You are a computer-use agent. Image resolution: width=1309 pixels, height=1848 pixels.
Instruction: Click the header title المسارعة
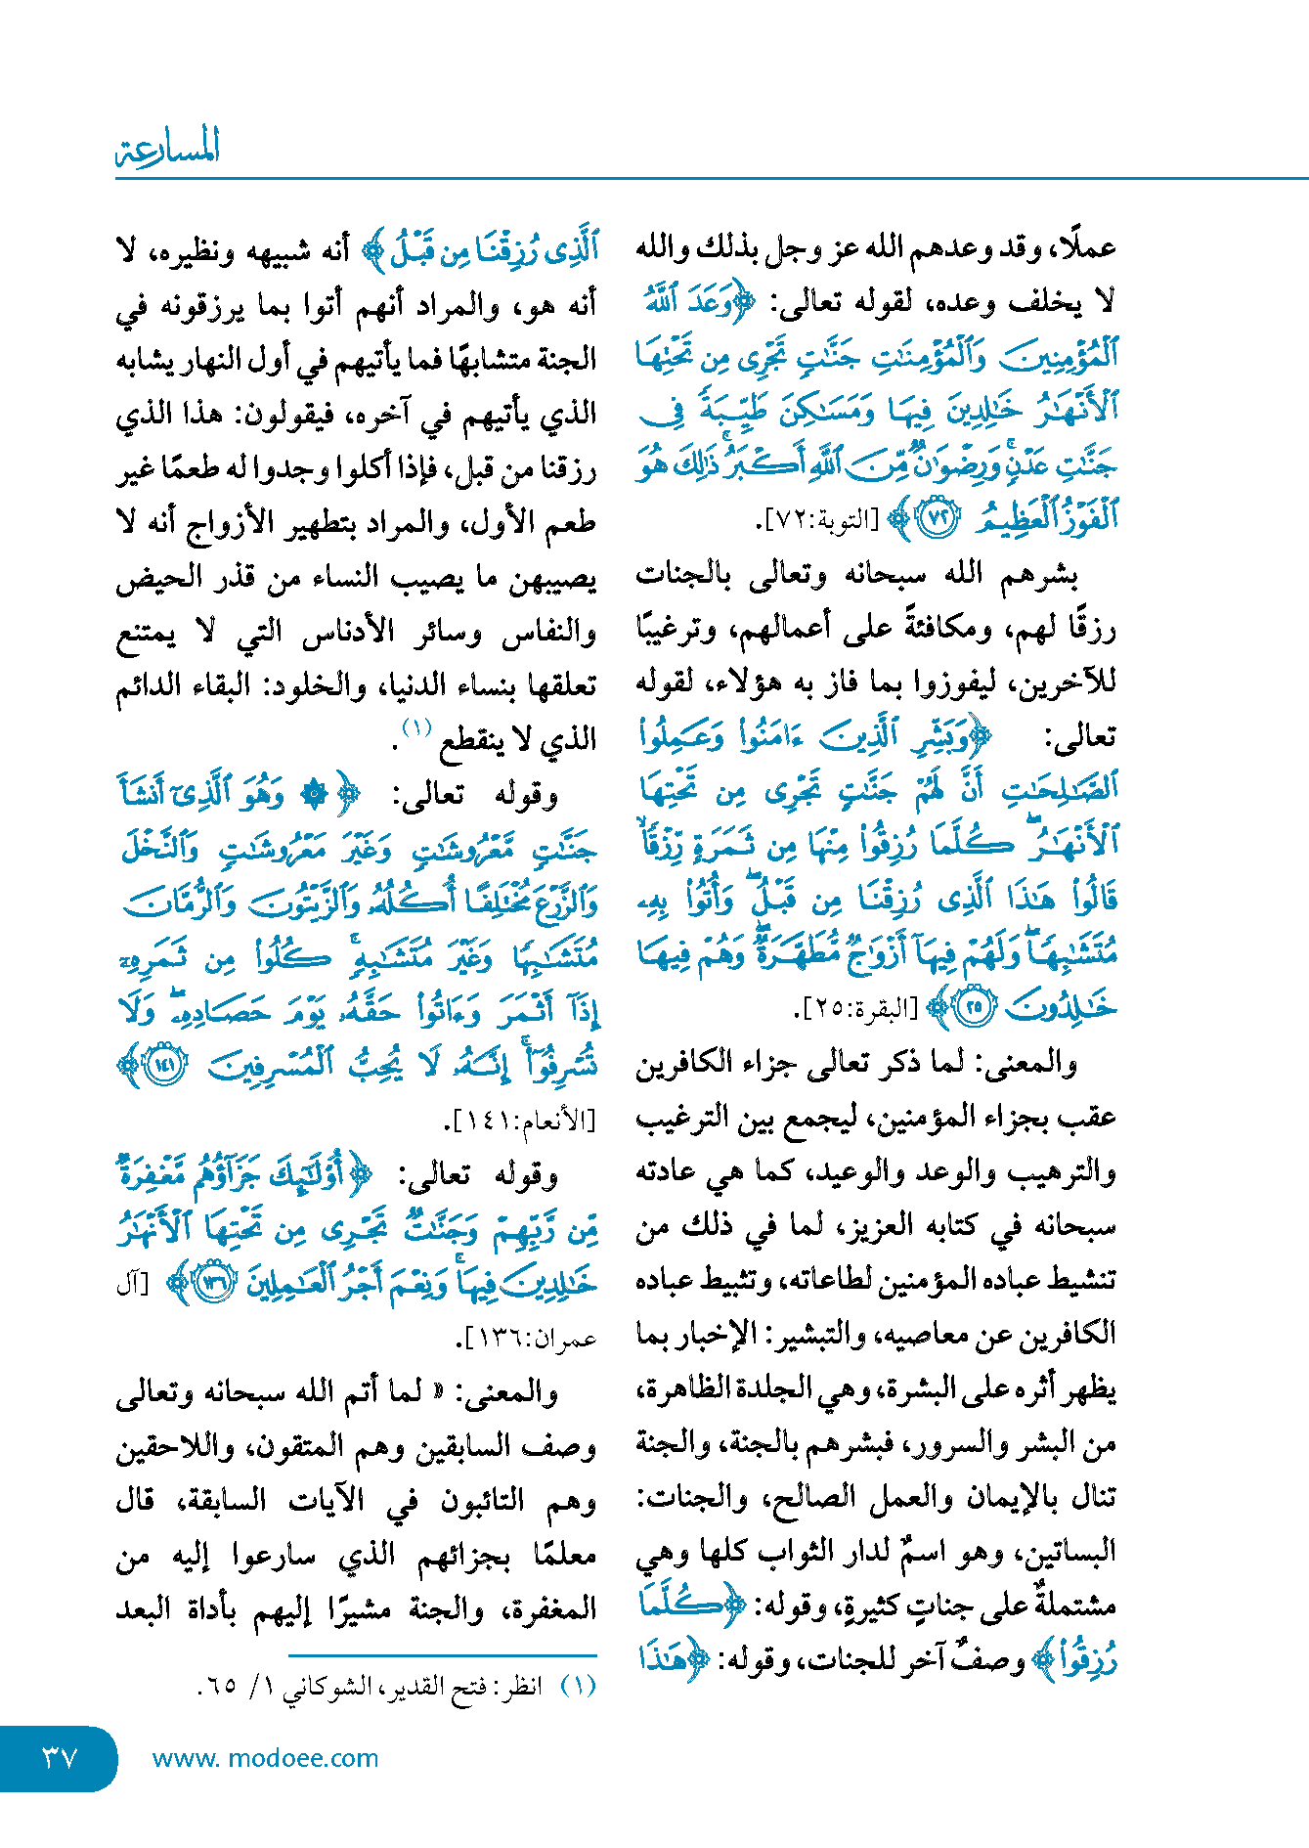pyautogui.click(x=167, y=149)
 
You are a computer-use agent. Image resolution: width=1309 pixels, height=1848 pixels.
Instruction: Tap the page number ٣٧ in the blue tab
pyautogui.click(x=59, y=1757)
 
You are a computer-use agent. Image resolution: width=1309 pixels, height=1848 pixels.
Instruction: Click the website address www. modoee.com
pyautogui.click(x=265, y=1758)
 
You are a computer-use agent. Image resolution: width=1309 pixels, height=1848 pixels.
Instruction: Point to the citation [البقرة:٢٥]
pyautogui.click(x=859, y=1008)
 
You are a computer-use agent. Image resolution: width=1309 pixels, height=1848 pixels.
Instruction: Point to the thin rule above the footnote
pyautogui.click(x=442, y=1655)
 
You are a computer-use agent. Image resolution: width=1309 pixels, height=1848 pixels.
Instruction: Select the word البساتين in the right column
pyautogui.click(x=1069, y=1552)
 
